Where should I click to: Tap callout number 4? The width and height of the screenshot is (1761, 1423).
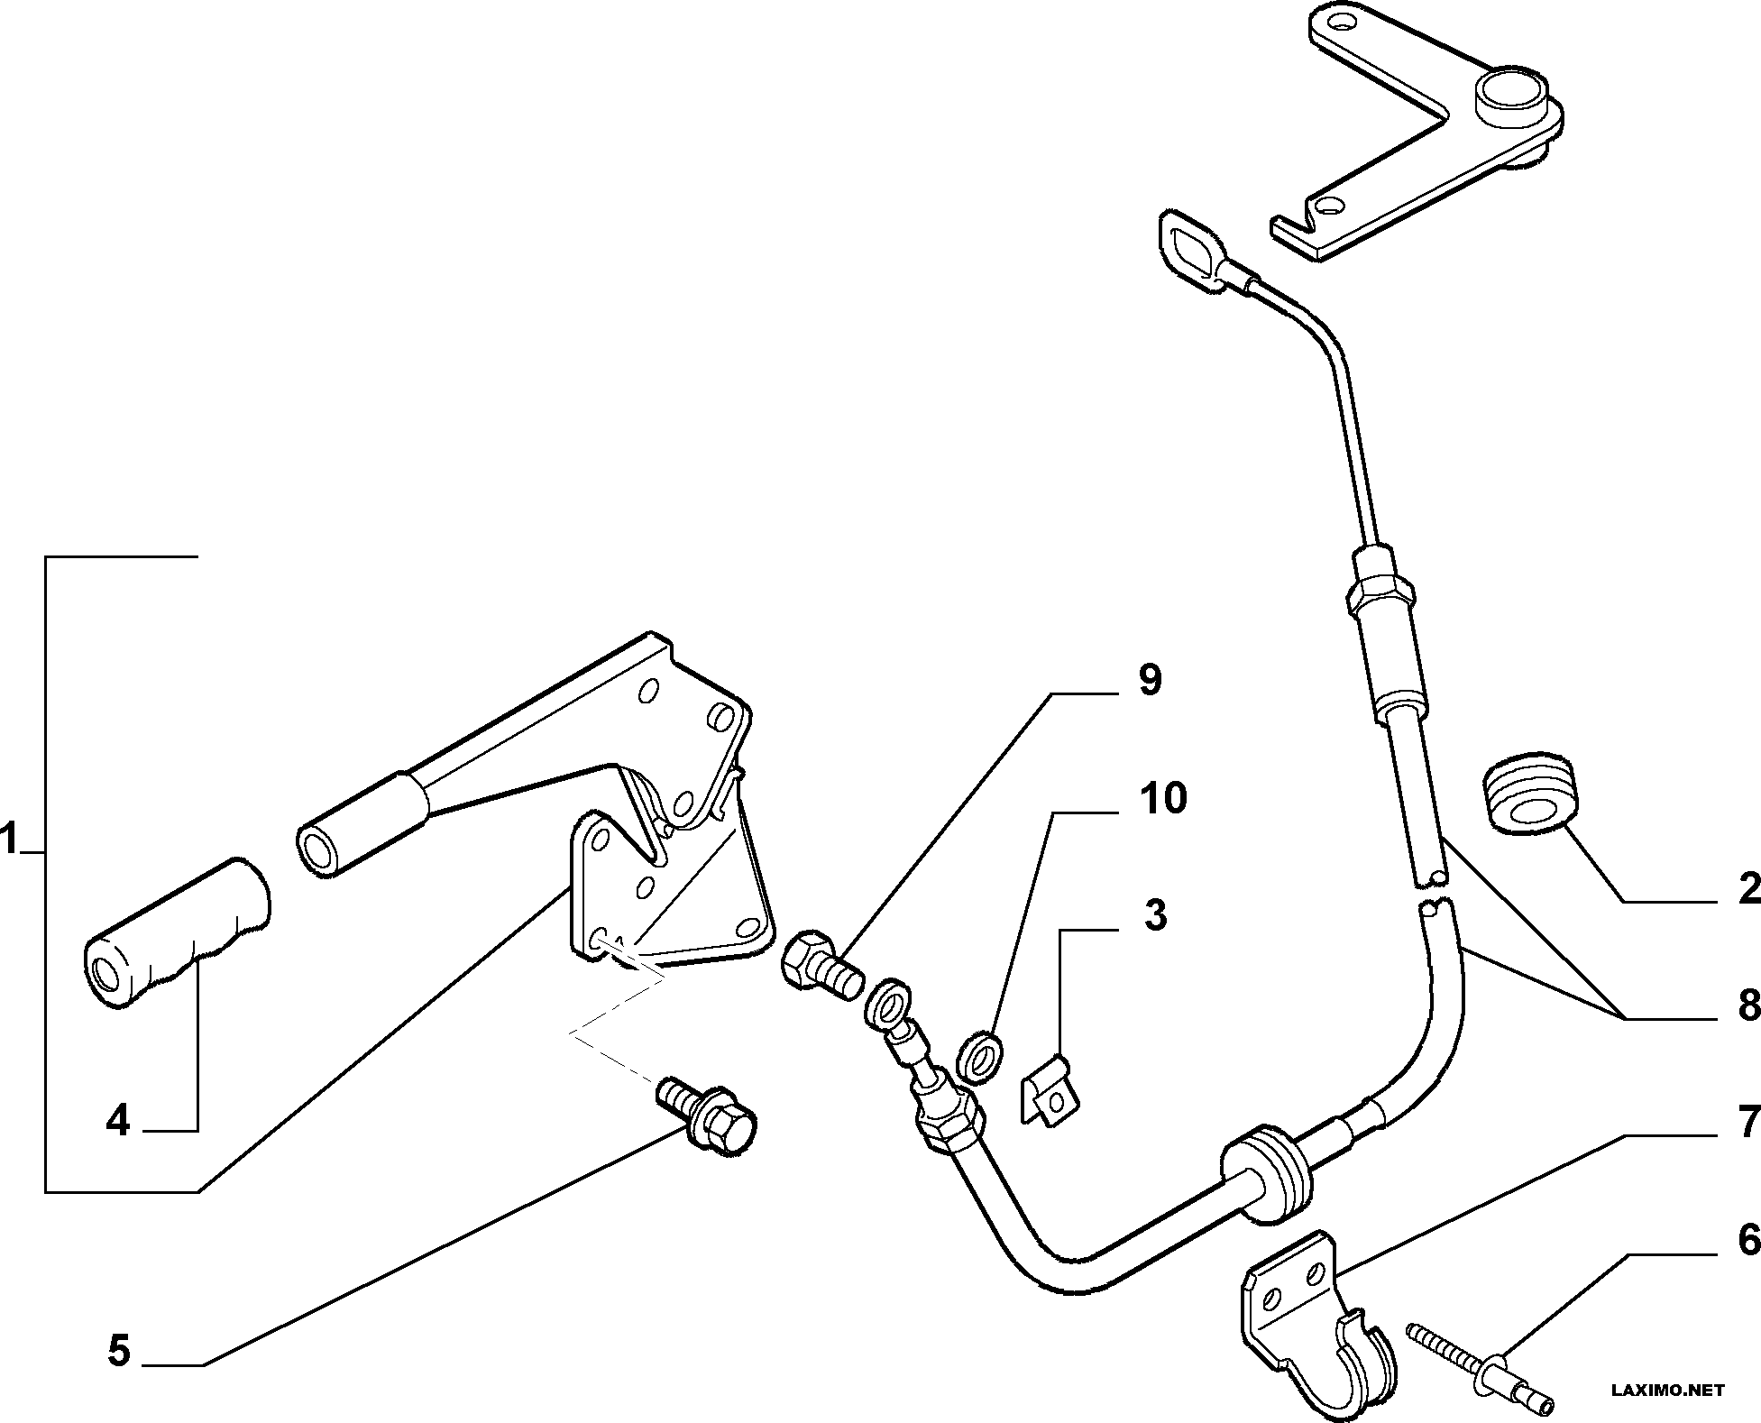pos(117,1121)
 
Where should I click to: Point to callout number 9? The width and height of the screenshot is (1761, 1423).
pos(1150,680)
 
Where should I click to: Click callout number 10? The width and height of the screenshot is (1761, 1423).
pos(1163,798)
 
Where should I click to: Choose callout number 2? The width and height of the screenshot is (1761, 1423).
pos(1748,888)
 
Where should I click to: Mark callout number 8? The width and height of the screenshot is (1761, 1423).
pos(1748,1005)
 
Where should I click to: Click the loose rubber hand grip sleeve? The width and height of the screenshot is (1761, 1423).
pos(177,932)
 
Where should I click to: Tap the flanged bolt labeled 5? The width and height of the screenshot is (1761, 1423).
pos(709,1115)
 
